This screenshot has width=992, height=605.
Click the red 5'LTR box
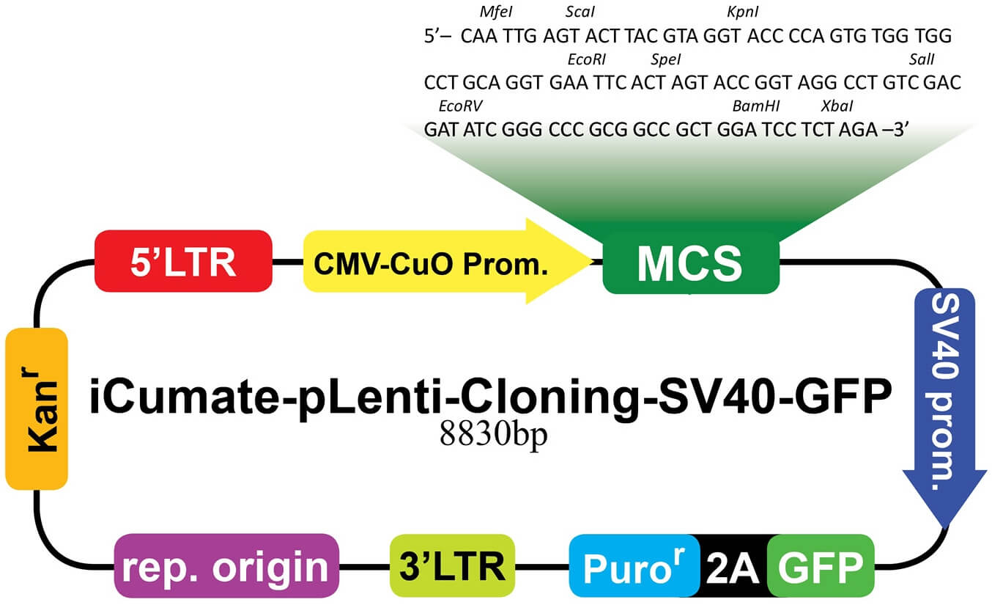(x=183, y=261)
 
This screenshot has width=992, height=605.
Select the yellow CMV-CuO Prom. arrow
(x=432, y=263)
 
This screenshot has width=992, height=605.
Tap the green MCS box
(x=689, y=263)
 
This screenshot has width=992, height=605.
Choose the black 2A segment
(x=733, y=567)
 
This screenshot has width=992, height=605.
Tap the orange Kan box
(x=37, y=409)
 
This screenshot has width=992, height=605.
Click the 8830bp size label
(x=493, y=435)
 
